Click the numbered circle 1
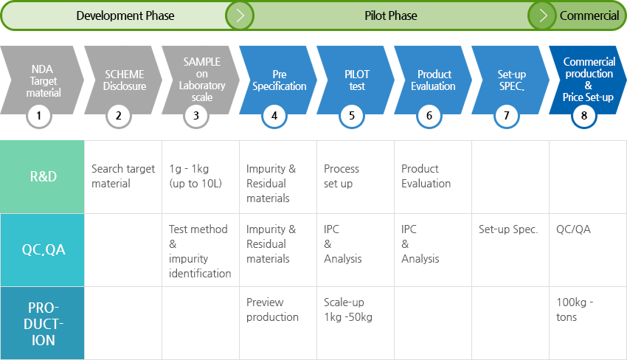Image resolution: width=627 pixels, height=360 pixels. [39, 116]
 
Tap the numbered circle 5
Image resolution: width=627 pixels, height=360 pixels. [351, 116]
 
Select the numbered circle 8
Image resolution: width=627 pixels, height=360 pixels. [583, 116]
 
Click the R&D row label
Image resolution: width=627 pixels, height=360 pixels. [44, 176]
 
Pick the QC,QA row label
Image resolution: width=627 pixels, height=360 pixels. [44, 249]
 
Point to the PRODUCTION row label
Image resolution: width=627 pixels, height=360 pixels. [44, 324]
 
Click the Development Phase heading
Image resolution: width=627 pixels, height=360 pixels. [125, 15]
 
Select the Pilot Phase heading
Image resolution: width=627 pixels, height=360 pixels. [391, 15]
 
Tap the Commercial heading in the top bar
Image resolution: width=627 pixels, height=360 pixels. [589, 15]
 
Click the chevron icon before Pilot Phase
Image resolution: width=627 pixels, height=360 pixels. [240, 15]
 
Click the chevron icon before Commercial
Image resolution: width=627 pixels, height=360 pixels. [542, 15]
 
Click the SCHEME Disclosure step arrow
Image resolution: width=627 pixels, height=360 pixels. [123, 80]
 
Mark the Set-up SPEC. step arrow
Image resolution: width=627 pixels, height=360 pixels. [510, 80]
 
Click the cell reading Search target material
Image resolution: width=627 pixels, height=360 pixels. [123, 176]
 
